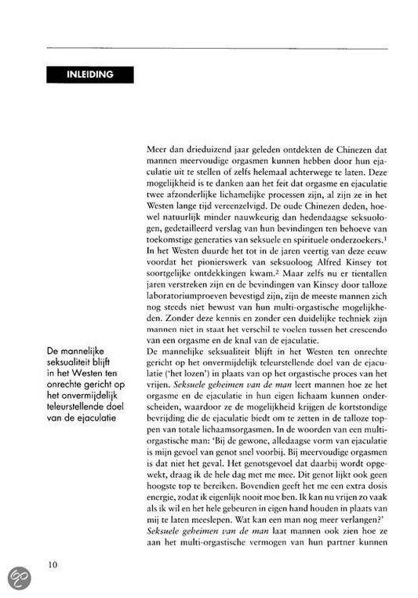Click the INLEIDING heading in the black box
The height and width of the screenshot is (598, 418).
89,75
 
